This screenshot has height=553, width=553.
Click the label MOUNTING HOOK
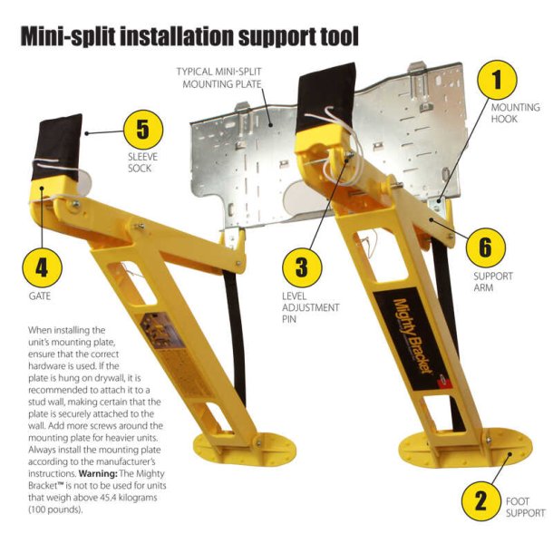514,112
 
